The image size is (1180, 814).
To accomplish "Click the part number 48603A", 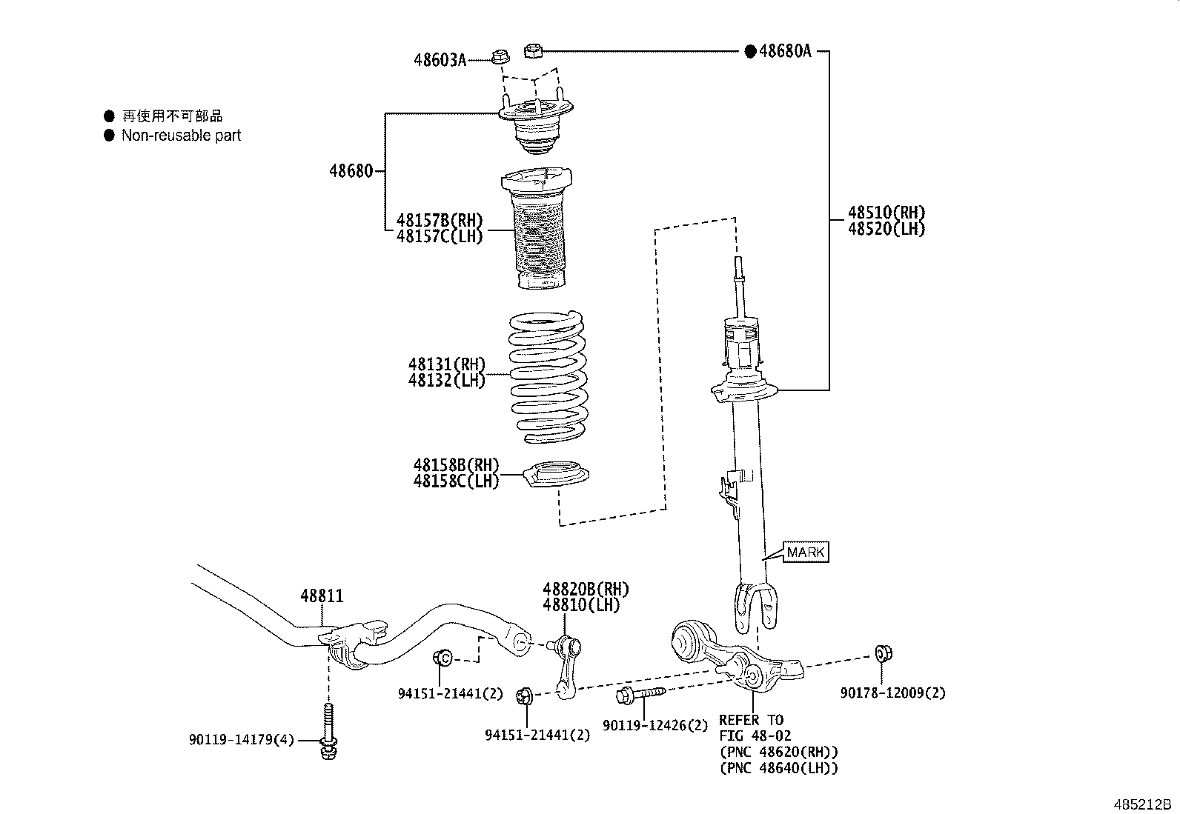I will click(440, 60).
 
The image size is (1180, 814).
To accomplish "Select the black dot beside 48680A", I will click(749, 51).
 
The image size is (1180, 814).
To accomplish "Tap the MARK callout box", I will click(804, 552).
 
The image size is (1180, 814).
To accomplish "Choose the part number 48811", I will click(322, 596).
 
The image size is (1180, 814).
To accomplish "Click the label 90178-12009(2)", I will click(892, 693).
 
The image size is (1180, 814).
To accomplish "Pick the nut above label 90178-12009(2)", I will click(883, 653).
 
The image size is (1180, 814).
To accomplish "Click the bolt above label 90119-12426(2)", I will click(639, 694).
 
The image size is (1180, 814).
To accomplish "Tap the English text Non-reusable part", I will click(181, 136).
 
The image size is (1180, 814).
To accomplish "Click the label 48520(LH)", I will click(886, 229).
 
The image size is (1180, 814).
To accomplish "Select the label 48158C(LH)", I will click(456, 481).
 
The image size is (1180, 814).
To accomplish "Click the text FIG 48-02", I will click(755, 735).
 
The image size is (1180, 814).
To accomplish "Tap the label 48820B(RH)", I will click(585, 590).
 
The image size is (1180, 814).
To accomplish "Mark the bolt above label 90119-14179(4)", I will click(328, 730).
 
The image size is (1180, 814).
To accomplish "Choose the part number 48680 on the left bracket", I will click(351, 171).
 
